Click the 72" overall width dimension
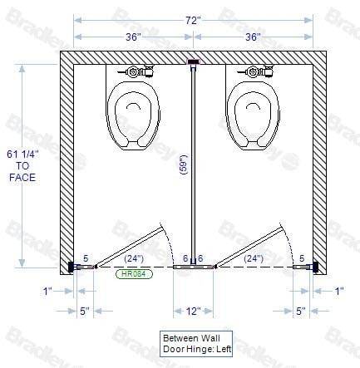coord(193,20)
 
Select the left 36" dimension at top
coord(133,37)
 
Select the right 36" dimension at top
coord(253,37)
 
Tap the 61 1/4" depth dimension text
coord(22,155)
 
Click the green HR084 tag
coord(134,274)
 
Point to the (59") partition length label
coord(184,164)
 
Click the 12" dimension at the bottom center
coord(193,311)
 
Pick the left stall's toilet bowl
coord(133,115)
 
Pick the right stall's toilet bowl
coord(253,115)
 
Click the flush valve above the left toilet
coord(136,71)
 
